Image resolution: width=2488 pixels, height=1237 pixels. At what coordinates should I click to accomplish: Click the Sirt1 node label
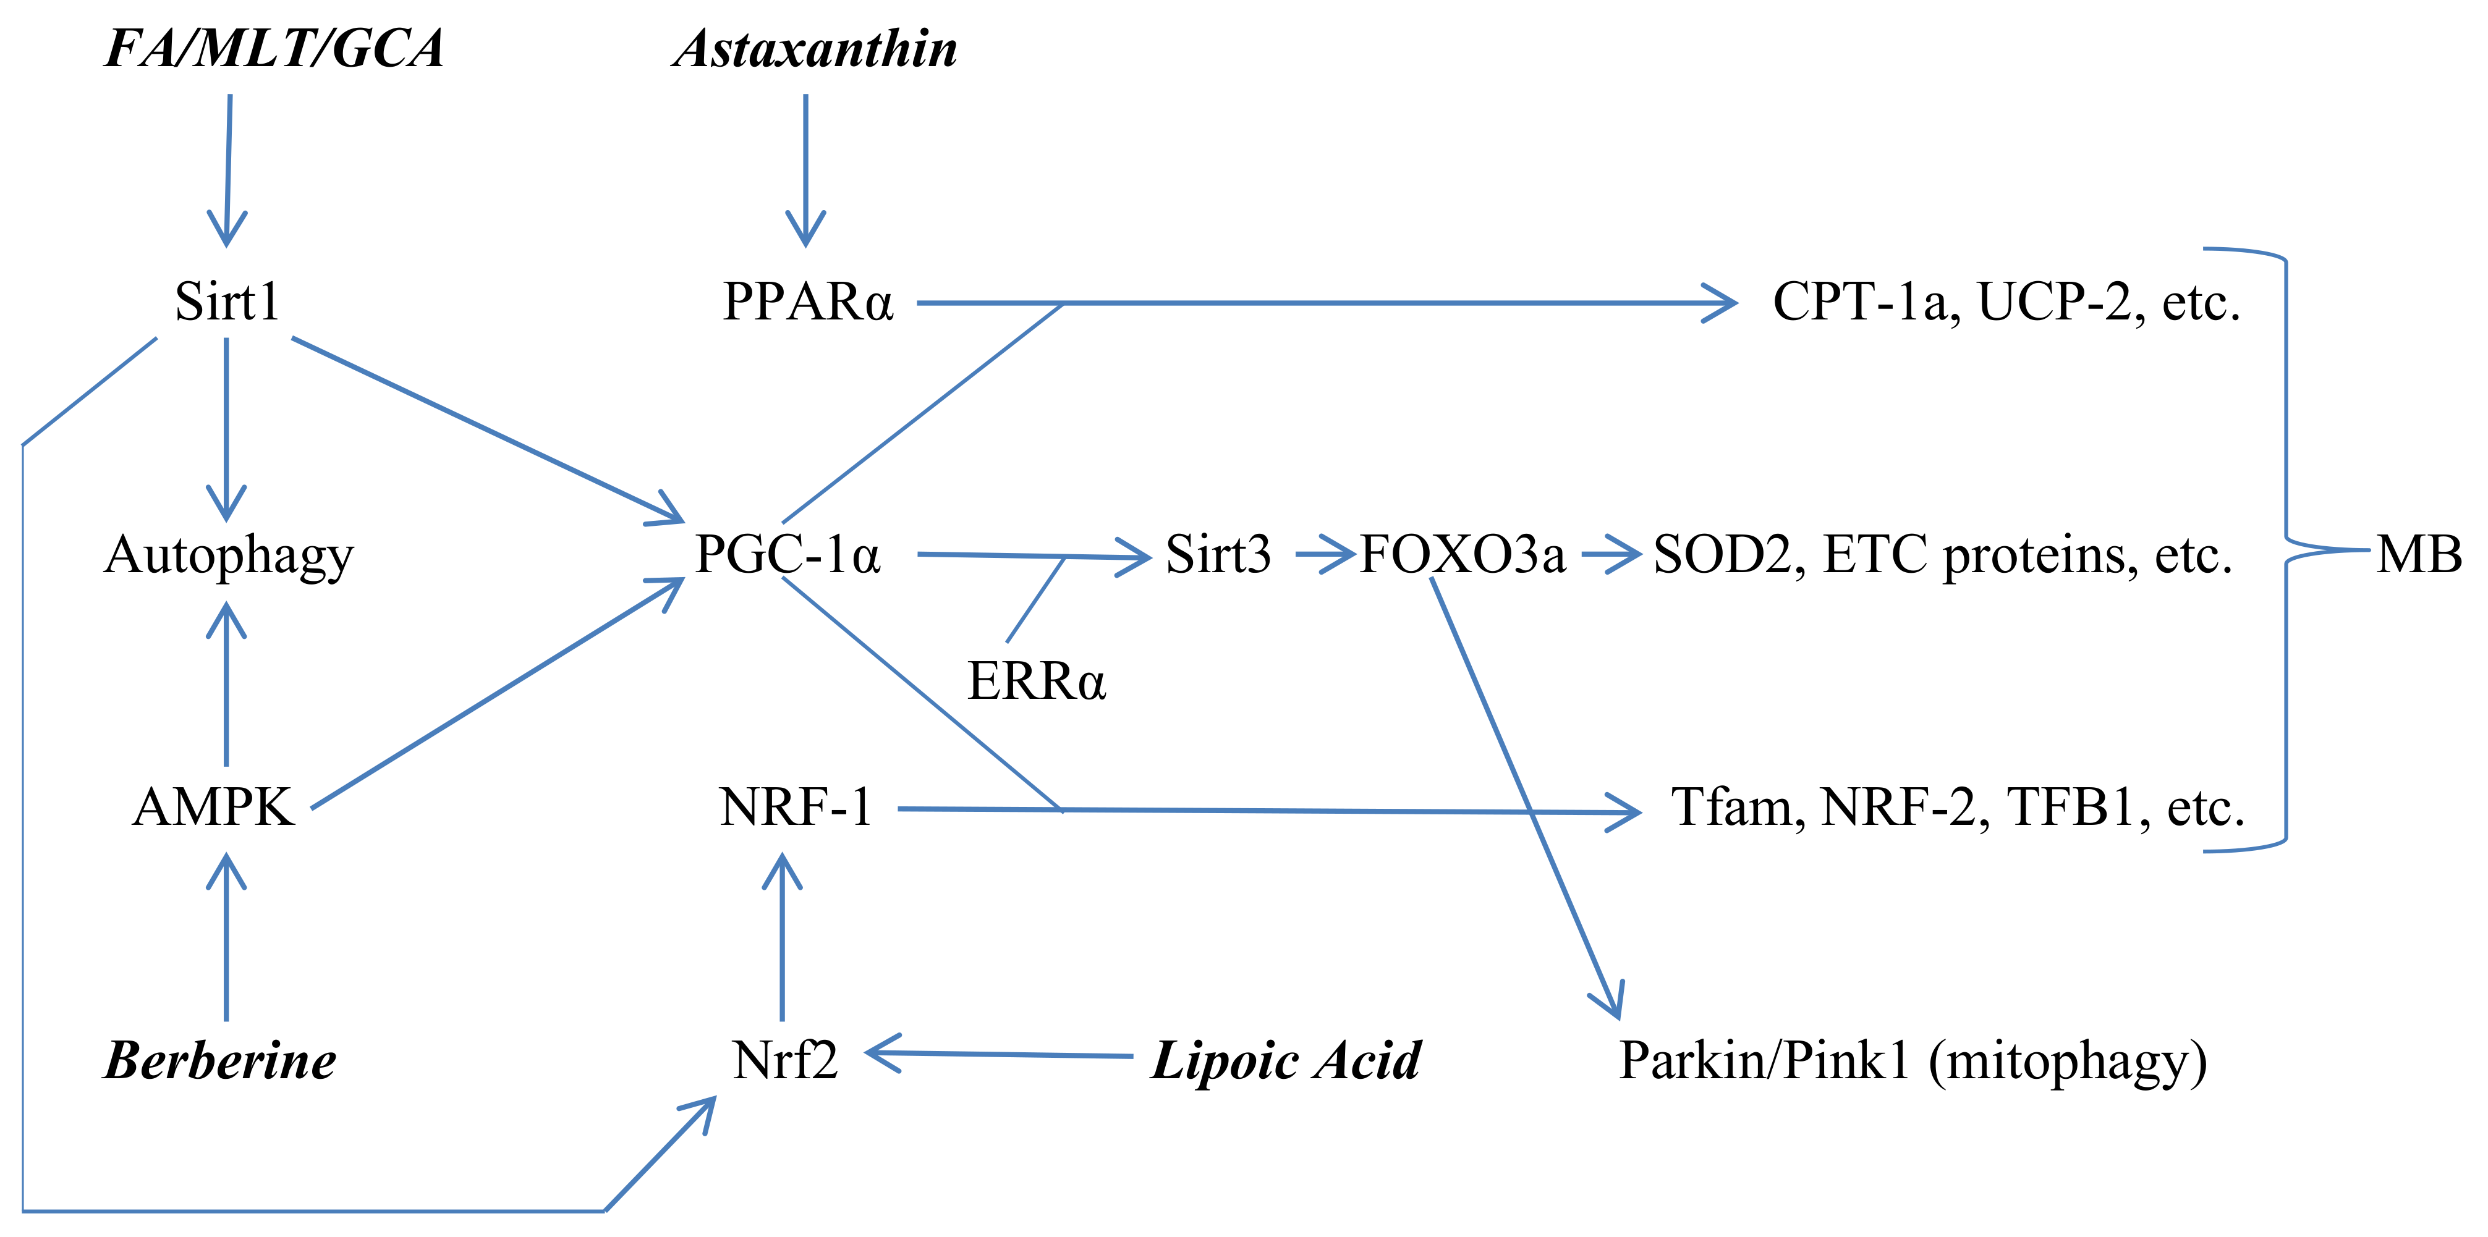tap(227, 302)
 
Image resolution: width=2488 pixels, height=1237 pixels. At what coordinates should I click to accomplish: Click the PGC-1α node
tap(787, 554)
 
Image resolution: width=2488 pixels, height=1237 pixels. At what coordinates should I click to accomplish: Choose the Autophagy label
tap(229, 556)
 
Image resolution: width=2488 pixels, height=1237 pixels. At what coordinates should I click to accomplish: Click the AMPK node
tap(213, 808)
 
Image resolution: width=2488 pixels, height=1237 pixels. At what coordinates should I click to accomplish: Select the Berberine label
tap(220, 1060)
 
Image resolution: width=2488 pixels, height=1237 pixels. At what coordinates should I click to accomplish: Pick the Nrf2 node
tap(784, 1060)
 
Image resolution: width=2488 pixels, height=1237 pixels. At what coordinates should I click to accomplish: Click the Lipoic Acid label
tap(1286, 1060)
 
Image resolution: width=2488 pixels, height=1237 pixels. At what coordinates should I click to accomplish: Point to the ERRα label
tap(1037, 682)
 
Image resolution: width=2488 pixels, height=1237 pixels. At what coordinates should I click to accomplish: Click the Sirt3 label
tap(1218, 554)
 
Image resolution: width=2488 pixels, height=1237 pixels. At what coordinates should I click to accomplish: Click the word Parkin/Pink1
tap(1765, 1060)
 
